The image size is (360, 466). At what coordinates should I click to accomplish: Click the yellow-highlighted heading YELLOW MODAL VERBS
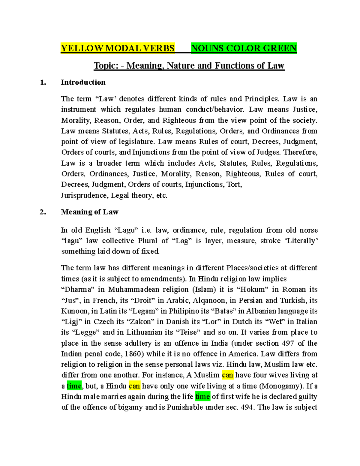[118, 48]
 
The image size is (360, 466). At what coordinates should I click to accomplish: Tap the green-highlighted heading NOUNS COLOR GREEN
[244, 48]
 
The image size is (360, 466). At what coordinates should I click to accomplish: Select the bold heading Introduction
[83, 83]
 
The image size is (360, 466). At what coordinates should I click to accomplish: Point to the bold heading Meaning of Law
[89, 212]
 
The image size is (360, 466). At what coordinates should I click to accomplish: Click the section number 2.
[43, 212]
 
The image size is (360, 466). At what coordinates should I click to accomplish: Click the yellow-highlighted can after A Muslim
[227, 375]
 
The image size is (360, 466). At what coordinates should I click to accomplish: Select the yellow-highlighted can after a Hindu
[134, 386]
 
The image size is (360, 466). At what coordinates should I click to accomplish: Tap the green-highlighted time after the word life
[202, 397]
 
